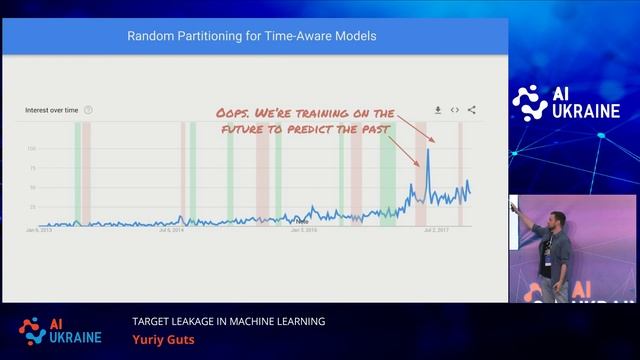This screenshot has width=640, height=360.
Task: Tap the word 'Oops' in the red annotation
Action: pyautogui.click(x=234, y=114)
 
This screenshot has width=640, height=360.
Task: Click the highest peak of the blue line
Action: pyautogui.click(x=428, y=150)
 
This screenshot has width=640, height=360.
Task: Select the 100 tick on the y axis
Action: pyautogui.click(x=31, y=148)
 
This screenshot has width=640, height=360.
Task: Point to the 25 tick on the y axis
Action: pyautogui.click(x=31, y=207)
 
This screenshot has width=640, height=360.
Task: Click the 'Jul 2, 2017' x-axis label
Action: pyautogui.click(x=436, y=230)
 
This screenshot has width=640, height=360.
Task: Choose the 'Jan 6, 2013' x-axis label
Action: pyautogui.click(x=38, y=230)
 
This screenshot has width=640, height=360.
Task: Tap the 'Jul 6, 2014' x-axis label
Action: pyautogui.click(x=171, y=230)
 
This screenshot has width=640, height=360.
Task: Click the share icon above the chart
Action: pyautogui.click(x=471, y=110)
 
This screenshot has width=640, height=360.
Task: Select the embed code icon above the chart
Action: pyautogui.click(x=454, y=110)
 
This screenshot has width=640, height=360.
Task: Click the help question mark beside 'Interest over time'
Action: pyautogui.click(x=88, y=110)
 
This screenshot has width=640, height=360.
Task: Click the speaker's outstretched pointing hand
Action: pyautogui.click(x=514, y=206)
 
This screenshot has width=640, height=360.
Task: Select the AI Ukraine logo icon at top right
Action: pyautogui.click(x=529, y=101)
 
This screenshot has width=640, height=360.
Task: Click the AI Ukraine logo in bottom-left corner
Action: pyautogui.click(x=55, y=330)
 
